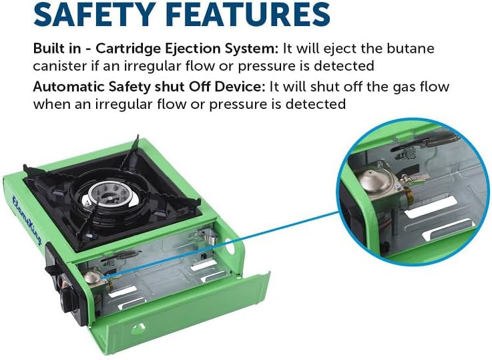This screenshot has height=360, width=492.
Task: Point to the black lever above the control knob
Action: point(50,257)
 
